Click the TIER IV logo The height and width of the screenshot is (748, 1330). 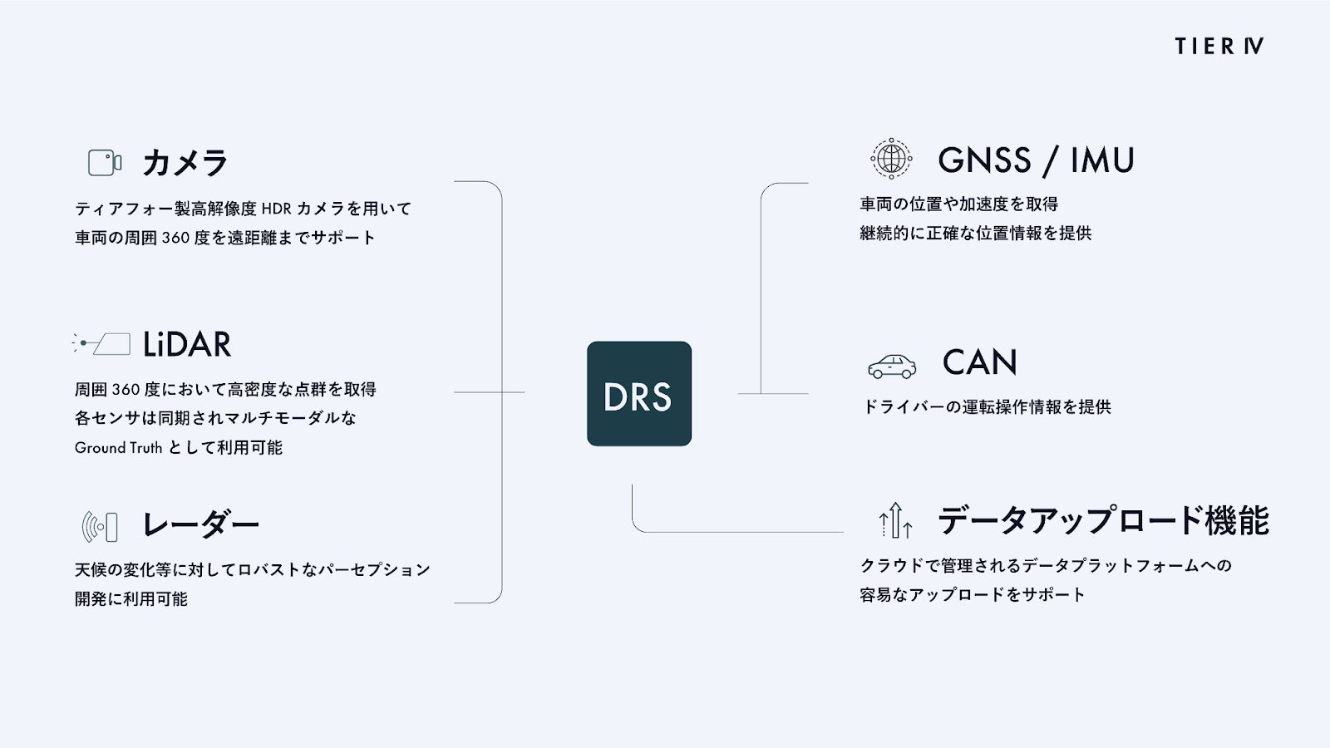[1219, 47]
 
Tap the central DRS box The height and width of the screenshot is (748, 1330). [639, 394]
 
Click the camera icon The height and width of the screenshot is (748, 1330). [105, 162]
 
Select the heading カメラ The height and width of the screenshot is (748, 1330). [185, 162]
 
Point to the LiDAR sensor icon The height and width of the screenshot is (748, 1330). [101, 344]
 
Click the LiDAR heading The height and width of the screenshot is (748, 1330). [187, 344]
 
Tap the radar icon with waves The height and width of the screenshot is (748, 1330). [100, 527]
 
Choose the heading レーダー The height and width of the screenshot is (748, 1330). [200, 524]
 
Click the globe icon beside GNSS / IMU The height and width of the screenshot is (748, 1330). [891, 159]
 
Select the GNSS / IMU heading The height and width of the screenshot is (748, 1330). [1036, 160]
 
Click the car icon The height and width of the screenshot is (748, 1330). [892, 367]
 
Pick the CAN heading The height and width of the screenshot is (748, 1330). [980, 362]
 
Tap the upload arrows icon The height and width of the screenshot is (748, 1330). [895, 520]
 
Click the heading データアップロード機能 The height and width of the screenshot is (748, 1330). [1103, 520]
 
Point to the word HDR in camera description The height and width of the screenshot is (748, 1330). [276, 209]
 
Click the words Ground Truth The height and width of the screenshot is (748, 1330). [118, 448]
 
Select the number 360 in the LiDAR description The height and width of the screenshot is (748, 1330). [126, 390]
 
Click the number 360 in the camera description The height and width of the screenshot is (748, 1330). [175, 238]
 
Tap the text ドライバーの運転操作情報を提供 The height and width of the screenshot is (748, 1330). [986, 406]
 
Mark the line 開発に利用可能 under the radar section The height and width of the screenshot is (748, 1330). [131, 598]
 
